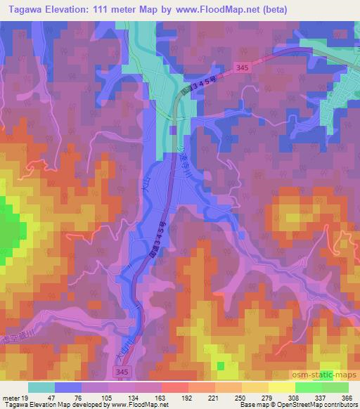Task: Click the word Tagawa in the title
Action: [22, 8]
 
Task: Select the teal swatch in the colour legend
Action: [41, 387]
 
